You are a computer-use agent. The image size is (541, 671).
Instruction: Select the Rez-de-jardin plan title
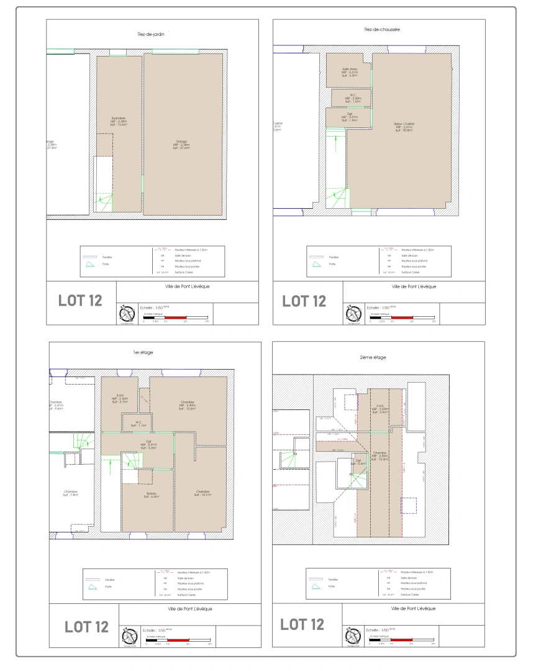point(150,35)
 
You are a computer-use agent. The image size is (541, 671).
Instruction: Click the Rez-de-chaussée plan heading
point(382,29)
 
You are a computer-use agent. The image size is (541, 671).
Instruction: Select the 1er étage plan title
point(142,352)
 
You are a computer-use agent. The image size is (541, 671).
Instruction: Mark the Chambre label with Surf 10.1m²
point(203,493)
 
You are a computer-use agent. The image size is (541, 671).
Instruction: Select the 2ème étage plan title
point(372,357)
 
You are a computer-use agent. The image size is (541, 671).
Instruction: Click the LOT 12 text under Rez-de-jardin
point(80,301)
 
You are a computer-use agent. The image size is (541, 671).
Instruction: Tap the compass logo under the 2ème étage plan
point(353,635)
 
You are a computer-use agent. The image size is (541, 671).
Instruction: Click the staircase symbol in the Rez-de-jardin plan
point(103,202)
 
